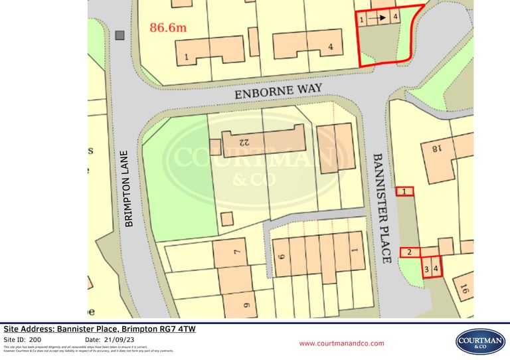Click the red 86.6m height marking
[x=168, y=27]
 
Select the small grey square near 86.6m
[x=120, y=35]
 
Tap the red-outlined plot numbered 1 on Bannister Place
[x=404, y=191]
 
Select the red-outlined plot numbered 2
[x=410, y=252]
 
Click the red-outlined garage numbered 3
[x=426, y=270]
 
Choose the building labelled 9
[x=246, y=306]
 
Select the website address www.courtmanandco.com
[x=341, y=343]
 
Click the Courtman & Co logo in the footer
[x=479, y=341]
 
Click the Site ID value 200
[x=35, y=339]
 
